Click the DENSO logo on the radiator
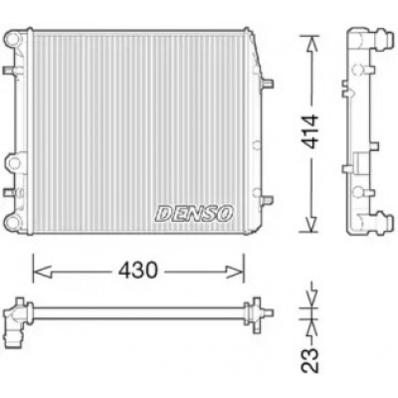click(194, 213)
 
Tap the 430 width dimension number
click(138, 271)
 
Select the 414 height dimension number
click(309, 131)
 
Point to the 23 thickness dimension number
click(309, 360)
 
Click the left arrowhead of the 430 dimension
click(42, 272)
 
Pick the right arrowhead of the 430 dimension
click(235, 272)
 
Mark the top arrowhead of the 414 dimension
click(311, 44)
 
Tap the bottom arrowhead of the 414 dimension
click(311, 223)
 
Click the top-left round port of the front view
click(13, 39)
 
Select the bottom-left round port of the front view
click(13, 222)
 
